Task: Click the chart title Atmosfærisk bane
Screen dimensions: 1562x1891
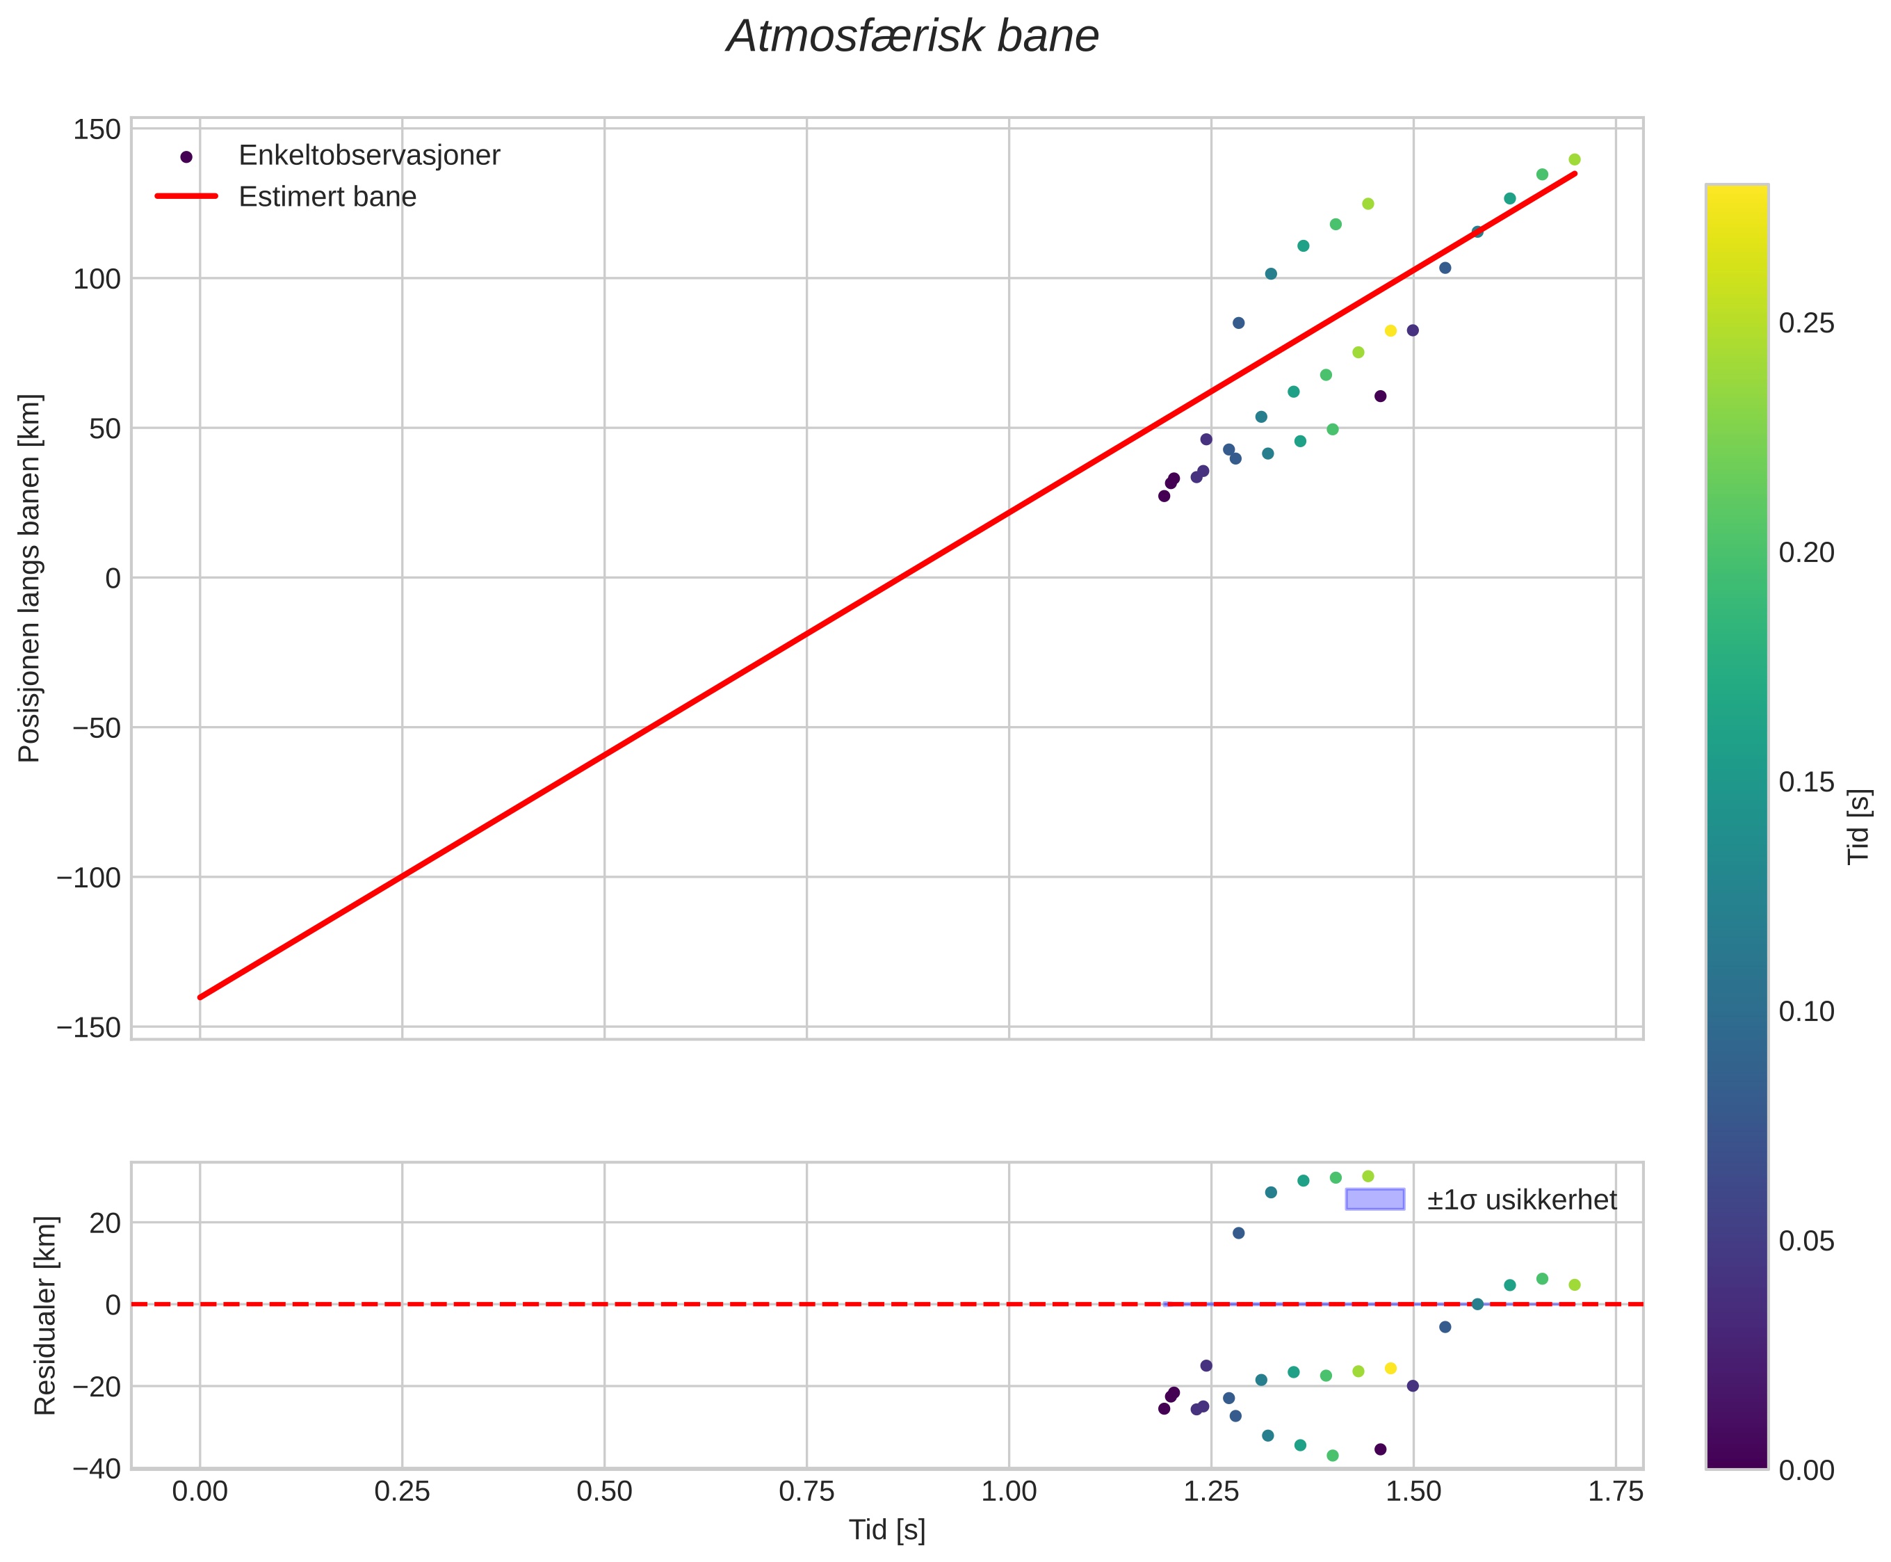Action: click(x=912, y=38)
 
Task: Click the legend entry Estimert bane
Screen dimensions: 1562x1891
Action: click(x=327, y=197)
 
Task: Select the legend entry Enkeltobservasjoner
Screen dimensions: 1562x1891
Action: click(x=369, y=156)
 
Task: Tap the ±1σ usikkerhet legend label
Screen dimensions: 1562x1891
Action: click(x=1521, y=1200)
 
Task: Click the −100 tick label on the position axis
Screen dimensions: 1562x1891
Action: click(x=88, y=877)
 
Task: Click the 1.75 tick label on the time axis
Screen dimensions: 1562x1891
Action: click(x=1615, y=1492)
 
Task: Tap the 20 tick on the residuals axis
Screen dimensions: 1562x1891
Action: click(x=105, y=1223)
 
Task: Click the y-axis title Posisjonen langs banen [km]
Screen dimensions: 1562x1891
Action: click(x=30, y=578)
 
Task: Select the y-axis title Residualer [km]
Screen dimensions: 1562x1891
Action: click(x=45, y=1316)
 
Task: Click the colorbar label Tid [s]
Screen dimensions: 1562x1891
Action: click(x=1858, y=827)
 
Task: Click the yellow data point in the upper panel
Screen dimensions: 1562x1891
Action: click(x=1390, y=331)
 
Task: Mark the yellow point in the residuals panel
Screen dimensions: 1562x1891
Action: click(x=1390, y=1369)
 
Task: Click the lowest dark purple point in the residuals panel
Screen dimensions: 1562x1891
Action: click(x=1380, y=1449)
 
